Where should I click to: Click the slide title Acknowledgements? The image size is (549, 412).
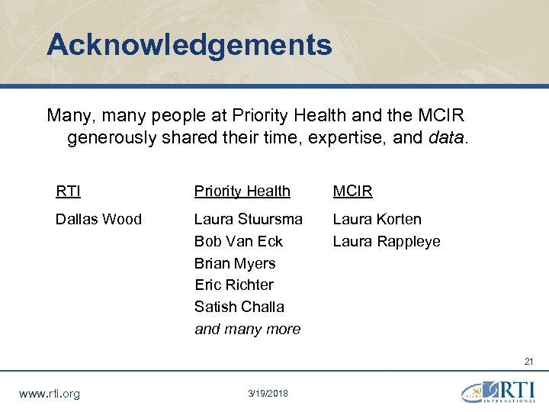(x=189, y=44)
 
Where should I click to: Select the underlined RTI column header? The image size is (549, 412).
(x=68, y=191)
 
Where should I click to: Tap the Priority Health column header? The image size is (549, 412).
(x=242, y=191)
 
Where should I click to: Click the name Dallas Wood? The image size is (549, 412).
(x=98, y=219)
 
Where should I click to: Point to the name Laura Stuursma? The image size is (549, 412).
(x=248, y=219)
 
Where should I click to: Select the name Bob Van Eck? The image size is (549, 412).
(x=238, y=241)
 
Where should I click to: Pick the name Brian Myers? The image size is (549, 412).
(x=235, y=263)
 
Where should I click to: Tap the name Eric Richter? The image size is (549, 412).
(x=233, y=285)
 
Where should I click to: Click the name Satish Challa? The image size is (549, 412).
(x=239, y=307)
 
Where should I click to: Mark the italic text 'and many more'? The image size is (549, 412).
(x=247, y=329)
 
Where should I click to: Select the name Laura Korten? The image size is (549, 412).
(x=377, y=219)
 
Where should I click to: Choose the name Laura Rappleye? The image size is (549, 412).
(x=386, y=241)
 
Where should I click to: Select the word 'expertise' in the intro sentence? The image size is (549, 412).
(x=352, y=138)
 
